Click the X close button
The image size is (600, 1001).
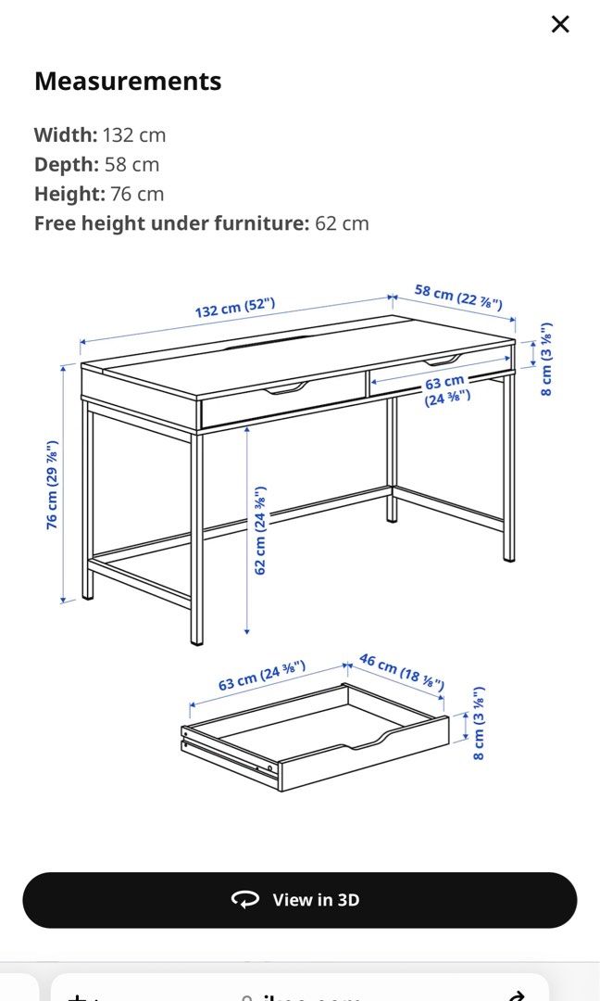pos(560,24)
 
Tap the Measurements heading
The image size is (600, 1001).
pos(128,82)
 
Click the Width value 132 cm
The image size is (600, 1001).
pos(134,134)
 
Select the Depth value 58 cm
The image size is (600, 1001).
pos(131,164)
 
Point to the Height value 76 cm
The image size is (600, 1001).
pos(137,194)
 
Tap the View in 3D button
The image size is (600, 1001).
pos(300,900)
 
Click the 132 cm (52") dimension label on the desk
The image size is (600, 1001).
pos(234,307)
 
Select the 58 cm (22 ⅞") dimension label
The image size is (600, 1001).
pos(457,297)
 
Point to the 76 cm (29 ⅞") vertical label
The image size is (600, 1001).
pos(54,485)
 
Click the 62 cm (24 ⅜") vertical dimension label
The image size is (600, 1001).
pos(261,530)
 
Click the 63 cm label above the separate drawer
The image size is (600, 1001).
pos(261,676)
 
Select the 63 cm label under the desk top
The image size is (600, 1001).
pos(446,389)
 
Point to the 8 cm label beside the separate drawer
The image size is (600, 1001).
pos(479,723)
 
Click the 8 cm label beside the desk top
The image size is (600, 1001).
pos(546,360)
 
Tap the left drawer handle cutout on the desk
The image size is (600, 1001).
pos(286,387)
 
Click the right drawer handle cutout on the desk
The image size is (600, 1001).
pos(441,360)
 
